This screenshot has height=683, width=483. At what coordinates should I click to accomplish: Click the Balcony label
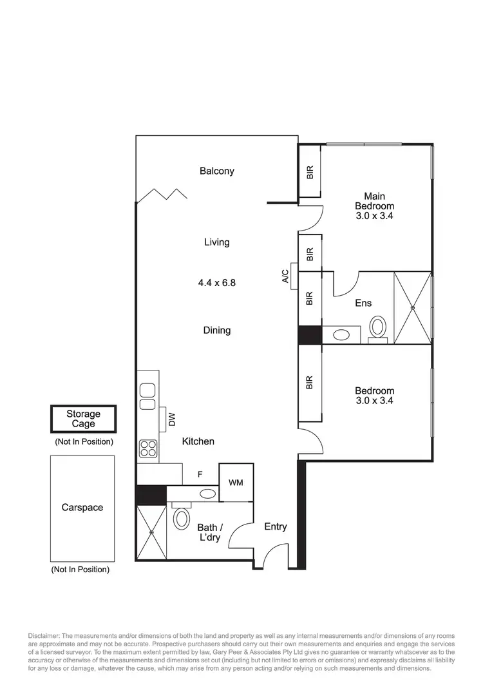click(x=216, y=171)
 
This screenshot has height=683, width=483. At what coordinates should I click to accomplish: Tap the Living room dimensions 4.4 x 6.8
click(x=216, y=282)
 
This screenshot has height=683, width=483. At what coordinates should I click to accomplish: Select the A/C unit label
click(x=285, y=276)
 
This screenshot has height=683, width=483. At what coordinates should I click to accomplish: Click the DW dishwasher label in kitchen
click(x=172, y=419)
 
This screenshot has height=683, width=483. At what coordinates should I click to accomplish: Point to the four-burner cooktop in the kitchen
click(x=148, y=448)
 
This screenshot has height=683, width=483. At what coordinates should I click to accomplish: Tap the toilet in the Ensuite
click(x=378, y=326)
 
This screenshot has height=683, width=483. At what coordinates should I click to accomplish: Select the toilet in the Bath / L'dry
click(x=182, y=517)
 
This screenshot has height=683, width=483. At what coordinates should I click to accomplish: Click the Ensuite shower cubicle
click(x=412, y=307)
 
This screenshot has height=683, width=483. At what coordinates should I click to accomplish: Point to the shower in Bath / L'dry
click(x=151, y=532)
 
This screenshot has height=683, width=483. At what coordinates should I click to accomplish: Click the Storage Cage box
click(x=84, y=419)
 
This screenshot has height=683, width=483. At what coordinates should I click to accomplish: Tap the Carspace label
click(x=82, y=508)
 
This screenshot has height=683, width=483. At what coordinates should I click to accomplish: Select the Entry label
click(x=276, y=527)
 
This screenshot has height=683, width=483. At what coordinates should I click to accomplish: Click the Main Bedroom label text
click(x=374, y=206)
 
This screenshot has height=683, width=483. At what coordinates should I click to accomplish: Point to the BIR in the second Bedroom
click(x=310, y=383)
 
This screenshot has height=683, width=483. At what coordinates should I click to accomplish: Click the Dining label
click(x=216, y=331)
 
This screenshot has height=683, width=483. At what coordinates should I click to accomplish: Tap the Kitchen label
click(x=198, y=441)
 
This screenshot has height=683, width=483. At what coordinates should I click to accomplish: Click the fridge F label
click(x=200, y=474)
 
